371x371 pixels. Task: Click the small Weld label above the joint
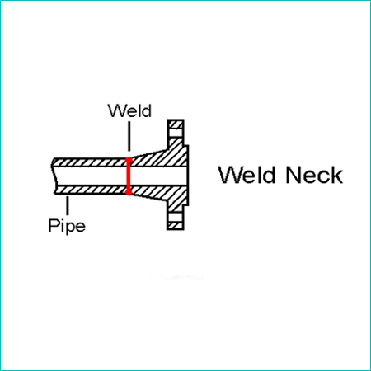coord(129,110)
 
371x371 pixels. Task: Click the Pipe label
coord(67,226)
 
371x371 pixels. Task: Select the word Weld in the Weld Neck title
coord(247,175)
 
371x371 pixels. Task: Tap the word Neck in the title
coord(314,175)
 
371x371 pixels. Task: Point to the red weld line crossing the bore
coord(129,176)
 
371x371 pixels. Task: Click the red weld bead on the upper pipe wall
coord(129,162)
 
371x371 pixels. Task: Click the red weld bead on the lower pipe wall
coord(129,190)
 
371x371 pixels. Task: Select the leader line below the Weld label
coord(129,136)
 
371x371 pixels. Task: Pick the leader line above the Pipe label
coord(68,205)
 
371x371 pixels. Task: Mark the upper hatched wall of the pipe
coord(90,162)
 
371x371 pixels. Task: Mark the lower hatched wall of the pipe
coord(91,190)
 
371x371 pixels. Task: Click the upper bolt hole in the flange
coord(176,133)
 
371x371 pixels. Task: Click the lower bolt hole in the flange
coord(176,217)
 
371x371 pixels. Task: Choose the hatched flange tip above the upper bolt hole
coord(176,124)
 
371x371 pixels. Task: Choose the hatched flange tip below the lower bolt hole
coord(176,226)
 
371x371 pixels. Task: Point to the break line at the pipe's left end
coord(54,176)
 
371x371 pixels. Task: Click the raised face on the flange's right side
coord(186,176)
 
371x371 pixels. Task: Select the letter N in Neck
coord(293,175)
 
